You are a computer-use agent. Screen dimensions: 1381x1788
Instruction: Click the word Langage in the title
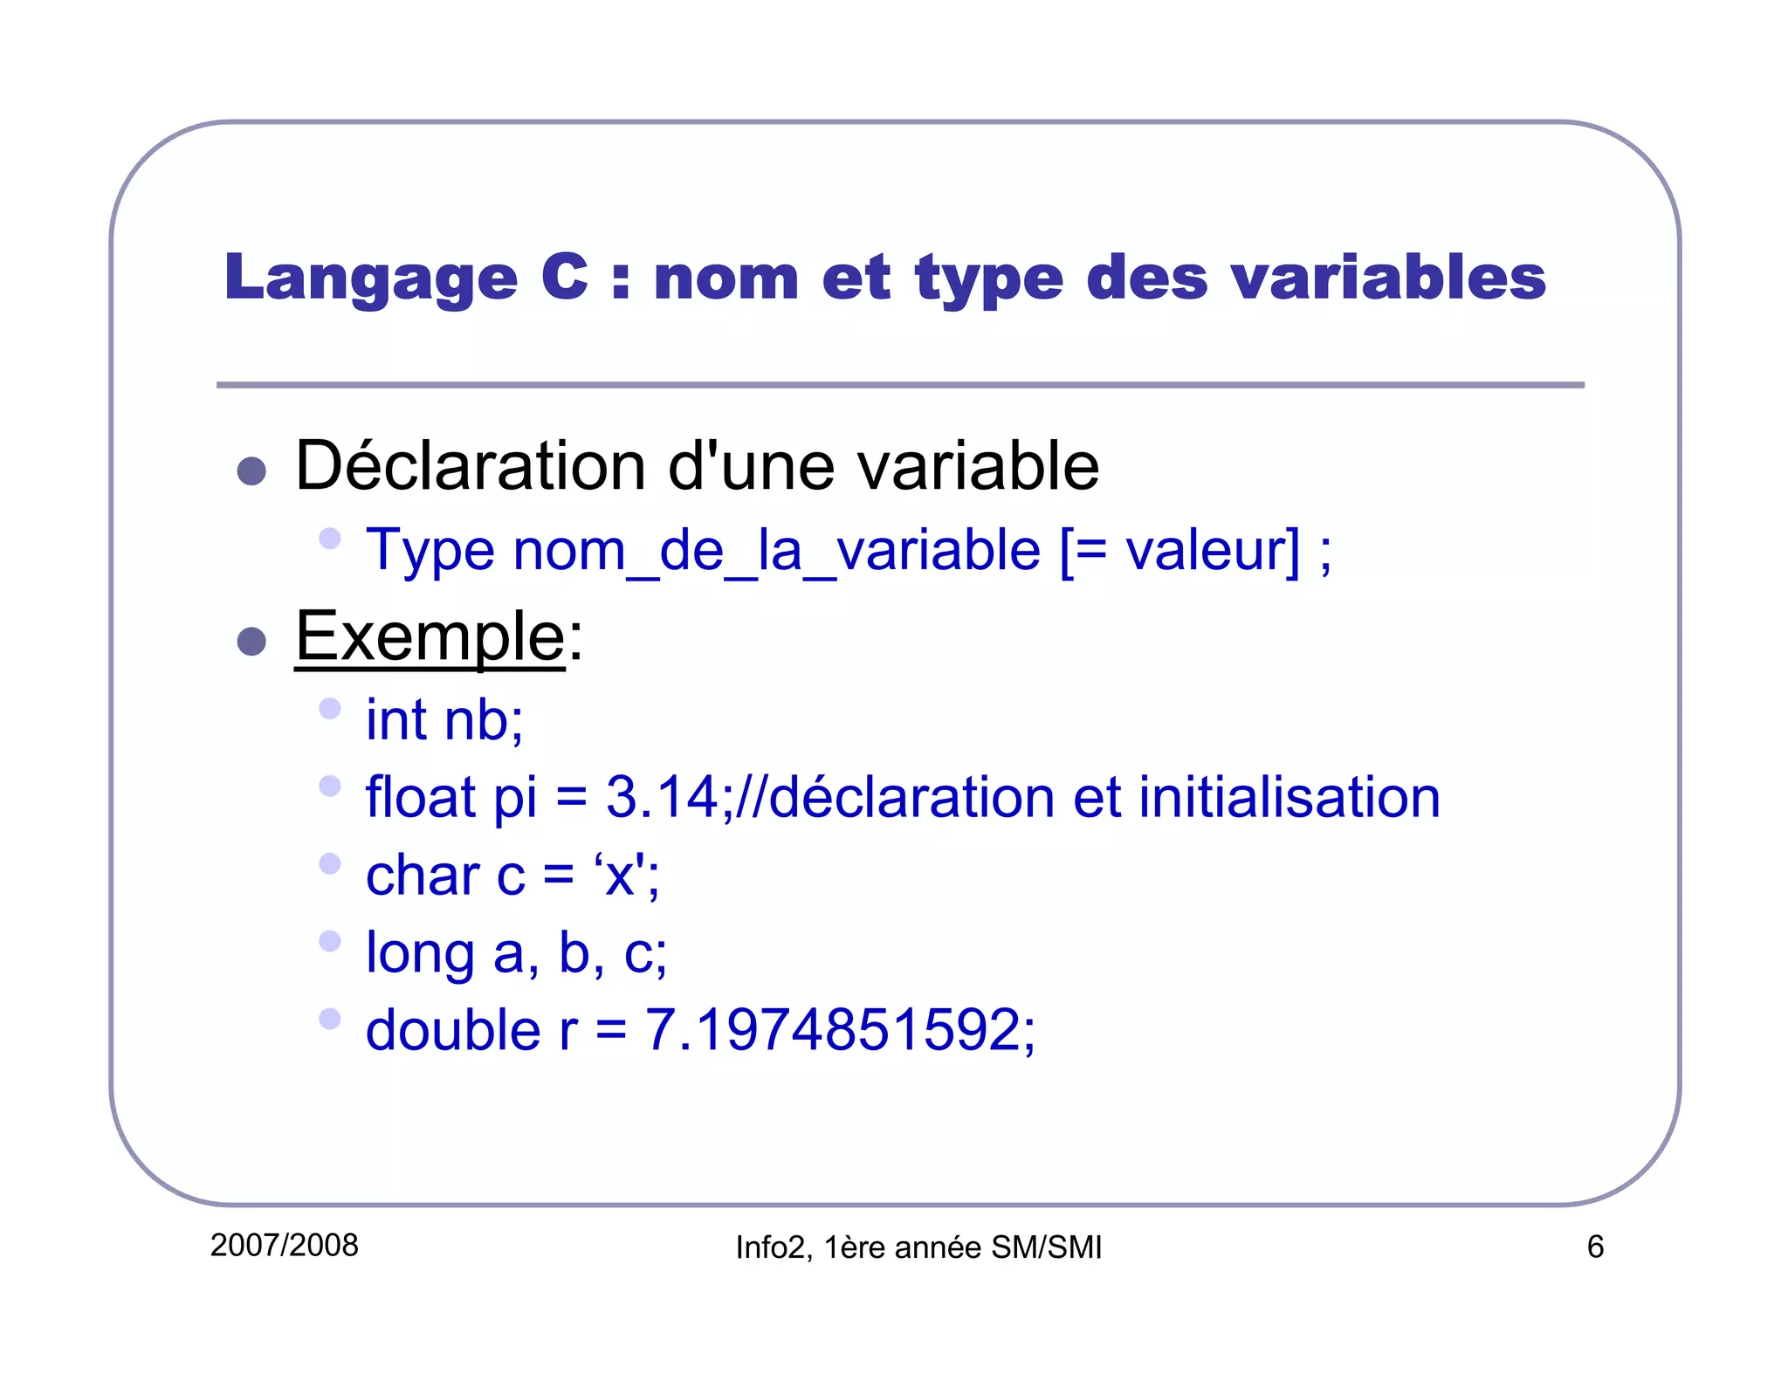[x=371, y=278]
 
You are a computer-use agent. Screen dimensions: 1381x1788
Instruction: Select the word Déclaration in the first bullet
[x=471, y=466]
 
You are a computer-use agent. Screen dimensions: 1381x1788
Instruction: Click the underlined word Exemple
[x=430, y=637]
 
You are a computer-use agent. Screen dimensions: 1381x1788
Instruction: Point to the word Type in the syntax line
[x=430, y=551]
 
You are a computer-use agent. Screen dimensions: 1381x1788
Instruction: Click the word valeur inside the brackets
[x=1205, y=551]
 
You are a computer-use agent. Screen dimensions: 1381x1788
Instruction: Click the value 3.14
[x=662, y=797]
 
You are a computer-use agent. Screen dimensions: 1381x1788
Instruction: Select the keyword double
[x=453, y=1030]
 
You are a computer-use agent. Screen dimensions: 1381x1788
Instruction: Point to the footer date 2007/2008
[x=285, y=1246]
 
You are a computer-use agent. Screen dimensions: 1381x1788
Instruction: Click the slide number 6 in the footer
[x=1595, y=1247]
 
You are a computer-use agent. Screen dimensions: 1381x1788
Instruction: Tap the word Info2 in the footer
[x=770, y=1247]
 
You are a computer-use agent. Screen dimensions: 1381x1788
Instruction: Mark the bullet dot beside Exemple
[x=251, y=642]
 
